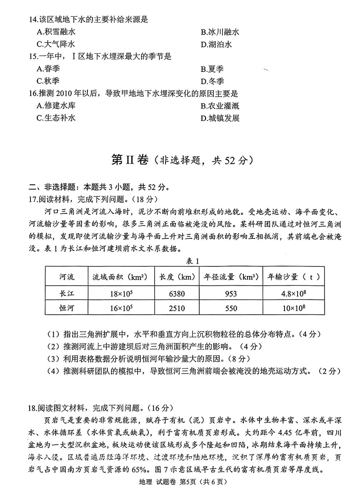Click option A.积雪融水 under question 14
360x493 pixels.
point(56,32)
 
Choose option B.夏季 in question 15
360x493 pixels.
point(212,69)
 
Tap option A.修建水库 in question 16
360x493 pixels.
point(56,106)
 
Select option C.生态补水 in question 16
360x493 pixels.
point(56,118)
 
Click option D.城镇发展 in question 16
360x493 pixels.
point(220,118)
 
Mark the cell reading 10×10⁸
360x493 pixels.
point(293,309)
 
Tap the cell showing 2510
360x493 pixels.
point(177,309)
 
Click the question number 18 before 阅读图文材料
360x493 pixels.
point(33,408)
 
